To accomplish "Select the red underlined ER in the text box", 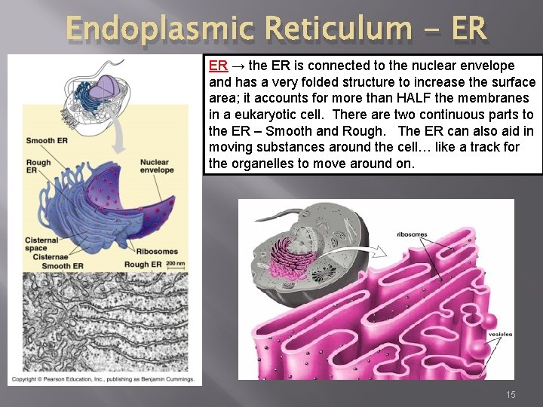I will (x=218, y=66).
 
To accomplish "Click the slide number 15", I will (x=511, y=394).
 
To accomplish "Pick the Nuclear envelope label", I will (x=157, y=166).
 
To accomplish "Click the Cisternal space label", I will (x=41, y=243).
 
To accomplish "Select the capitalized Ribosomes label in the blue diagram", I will (x=157, y=251).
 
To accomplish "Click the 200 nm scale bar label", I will (x=175, y=263).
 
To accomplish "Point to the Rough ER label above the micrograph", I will (x=143, y=265).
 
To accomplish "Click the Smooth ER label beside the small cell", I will (x=46, y=140).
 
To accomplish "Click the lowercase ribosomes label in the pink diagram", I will (x=412, y=234).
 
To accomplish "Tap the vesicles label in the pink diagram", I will (x=500, y=334).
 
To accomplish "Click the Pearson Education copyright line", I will (x=102, y=379).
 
